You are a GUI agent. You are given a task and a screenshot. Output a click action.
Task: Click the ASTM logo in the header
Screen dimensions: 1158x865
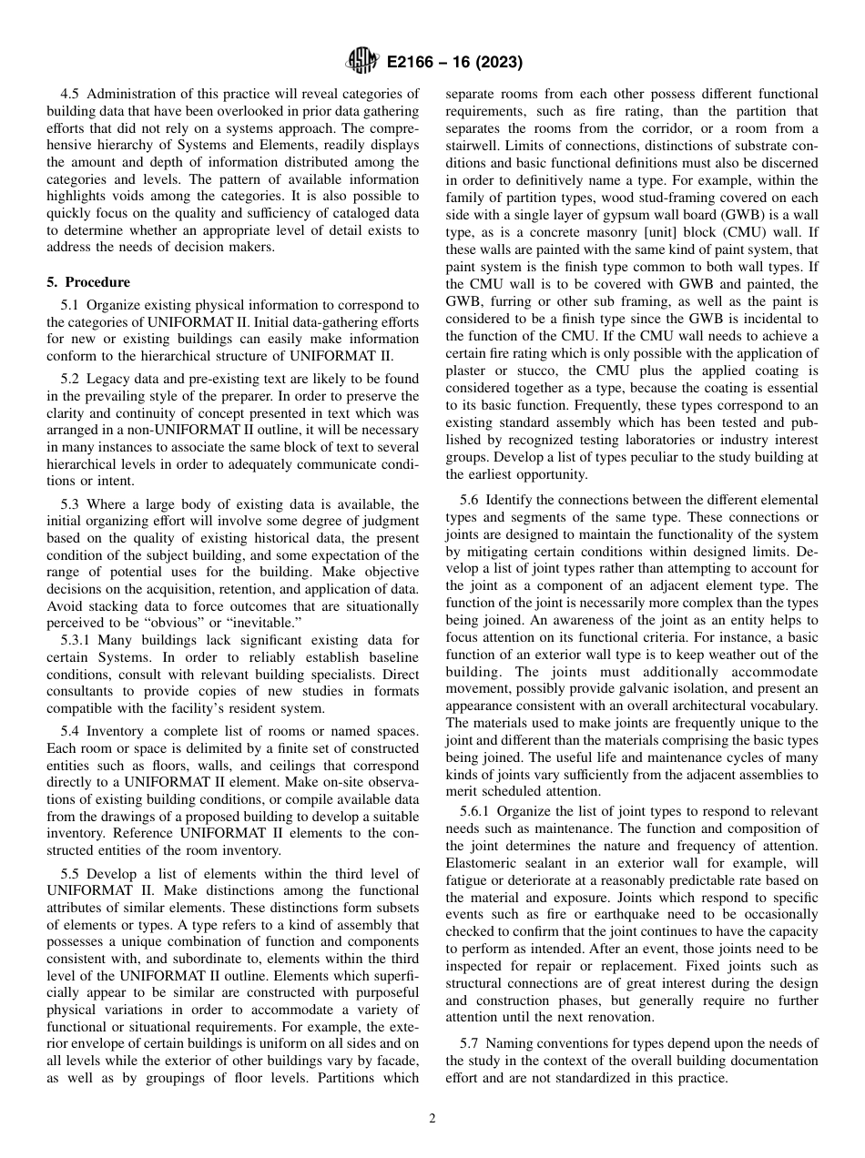361,62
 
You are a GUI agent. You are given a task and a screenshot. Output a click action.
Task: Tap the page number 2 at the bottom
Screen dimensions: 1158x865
432,1119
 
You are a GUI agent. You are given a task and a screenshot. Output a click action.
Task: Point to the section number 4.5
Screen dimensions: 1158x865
72,94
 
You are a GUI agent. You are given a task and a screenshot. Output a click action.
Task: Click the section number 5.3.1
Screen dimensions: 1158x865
78,641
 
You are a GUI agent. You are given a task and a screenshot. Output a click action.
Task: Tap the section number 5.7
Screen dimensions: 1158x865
470,1043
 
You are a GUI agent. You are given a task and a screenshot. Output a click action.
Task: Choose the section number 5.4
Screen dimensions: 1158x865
72,733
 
